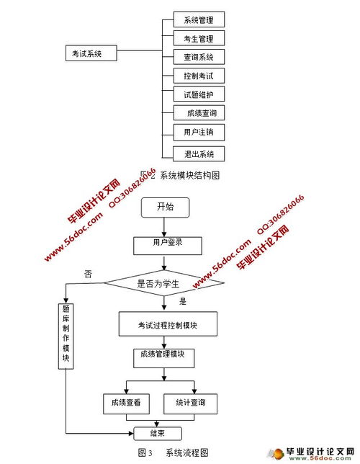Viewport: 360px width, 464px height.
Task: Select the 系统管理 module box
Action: tap(199, 19)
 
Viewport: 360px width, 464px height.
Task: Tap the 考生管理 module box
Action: tap(199, 38)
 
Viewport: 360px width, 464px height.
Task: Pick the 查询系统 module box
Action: tap(199, 57)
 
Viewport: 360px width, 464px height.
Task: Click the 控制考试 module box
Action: tap(199, 76)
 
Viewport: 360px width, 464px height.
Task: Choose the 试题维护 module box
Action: tap(199, 94)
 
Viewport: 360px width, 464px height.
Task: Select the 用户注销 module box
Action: tap(199, 132)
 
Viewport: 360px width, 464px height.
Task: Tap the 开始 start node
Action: tap(166, 207)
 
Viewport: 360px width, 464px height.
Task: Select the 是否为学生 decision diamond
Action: tap(164, 283)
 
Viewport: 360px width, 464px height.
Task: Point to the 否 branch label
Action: tap(88, 274)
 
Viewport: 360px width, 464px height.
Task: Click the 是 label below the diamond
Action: tap(183, 302)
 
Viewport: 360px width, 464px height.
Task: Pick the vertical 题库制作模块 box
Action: tap(66, 336)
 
